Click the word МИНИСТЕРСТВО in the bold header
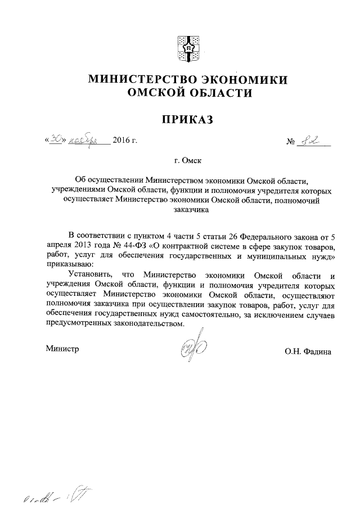tap(134, 80)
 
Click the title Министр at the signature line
tap(62, 349)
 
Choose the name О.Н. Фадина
tap(308, 352)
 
